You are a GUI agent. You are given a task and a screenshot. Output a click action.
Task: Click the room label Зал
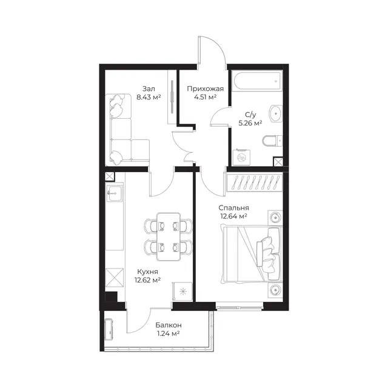click(149, 89)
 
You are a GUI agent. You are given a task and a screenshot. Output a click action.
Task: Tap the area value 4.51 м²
click(205, 97)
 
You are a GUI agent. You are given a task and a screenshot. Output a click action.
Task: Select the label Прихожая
click(205, 89)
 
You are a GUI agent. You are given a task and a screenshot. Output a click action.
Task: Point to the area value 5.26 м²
click(250, 123)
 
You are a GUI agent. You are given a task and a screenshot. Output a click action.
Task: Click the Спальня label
click(233, 208)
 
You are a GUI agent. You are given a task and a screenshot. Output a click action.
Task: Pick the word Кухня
click(147, 272)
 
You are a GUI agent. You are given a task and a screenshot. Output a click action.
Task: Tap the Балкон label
click(169, 325)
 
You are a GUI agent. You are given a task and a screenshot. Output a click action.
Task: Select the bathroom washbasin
click(276, 113)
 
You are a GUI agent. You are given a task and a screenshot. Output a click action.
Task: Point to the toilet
click(272, 141)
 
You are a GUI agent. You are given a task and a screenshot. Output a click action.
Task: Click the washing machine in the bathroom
click(241, 157)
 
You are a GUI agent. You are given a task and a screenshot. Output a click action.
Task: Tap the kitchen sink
click(115, 193)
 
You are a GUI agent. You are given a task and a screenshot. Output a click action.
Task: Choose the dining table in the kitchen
click(169, 236)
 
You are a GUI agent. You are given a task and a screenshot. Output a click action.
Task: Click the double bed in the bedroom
click(252, 253)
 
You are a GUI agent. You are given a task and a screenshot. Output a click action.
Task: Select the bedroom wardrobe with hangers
click(255, 182)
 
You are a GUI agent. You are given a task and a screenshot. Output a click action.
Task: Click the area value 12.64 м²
click(233, 216)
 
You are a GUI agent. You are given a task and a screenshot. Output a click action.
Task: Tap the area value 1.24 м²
click(169, 333)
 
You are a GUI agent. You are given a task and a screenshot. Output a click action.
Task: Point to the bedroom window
click(239, 307)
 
